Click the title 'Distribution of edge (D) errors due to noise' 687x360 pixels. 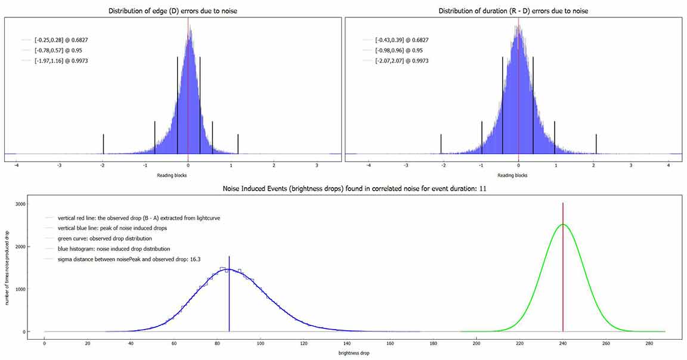pos(173,11)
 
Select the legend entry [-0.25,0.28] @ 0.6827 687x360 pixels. pos(61,40)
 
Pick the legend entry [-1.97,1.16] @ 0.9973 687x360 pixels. pos(61,61)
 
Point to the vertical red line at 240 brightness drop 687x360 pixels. pos(563,268)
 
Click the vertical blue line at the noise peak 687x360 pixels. pos(229,298)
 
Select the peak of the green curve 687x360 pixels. pos(563,225)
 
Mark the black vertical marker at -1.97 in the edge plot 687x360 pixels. pos(103,144)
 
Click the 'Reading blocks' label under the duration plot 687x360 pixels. pos(512,175)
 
